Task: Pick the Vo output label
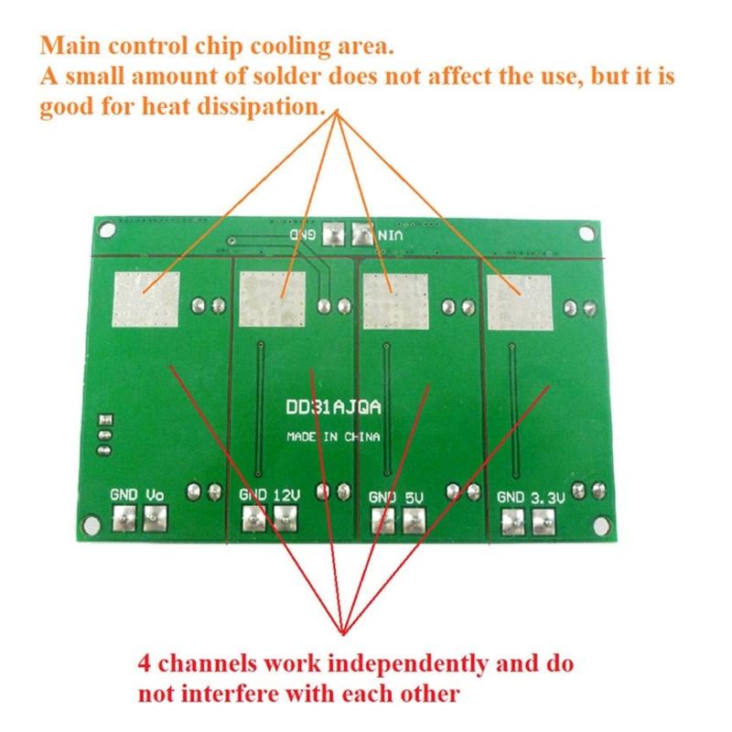[x=155, y=494]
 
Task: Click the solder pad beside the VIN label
[x=364, y=235]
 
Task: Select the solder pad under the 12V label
[x=285, y=521]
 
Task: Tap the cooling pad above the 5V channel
[x=394, y=301]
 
